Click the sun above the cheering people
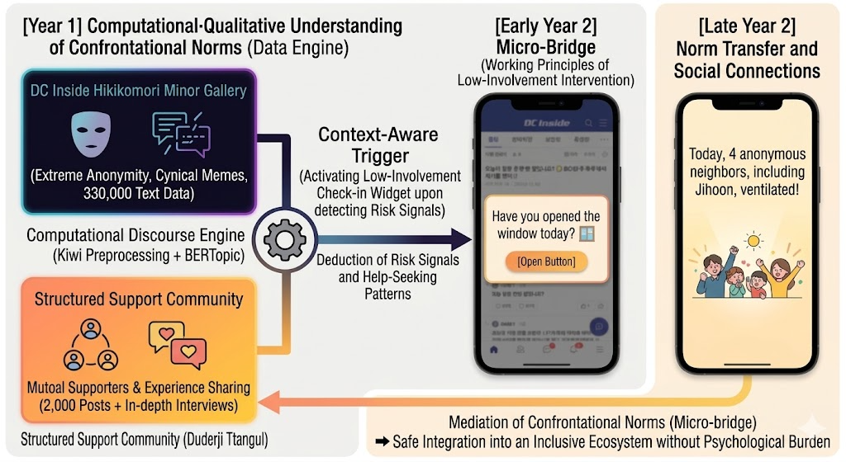[x=753, y=240]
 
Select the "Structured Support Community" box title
[x=139, y=299]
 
